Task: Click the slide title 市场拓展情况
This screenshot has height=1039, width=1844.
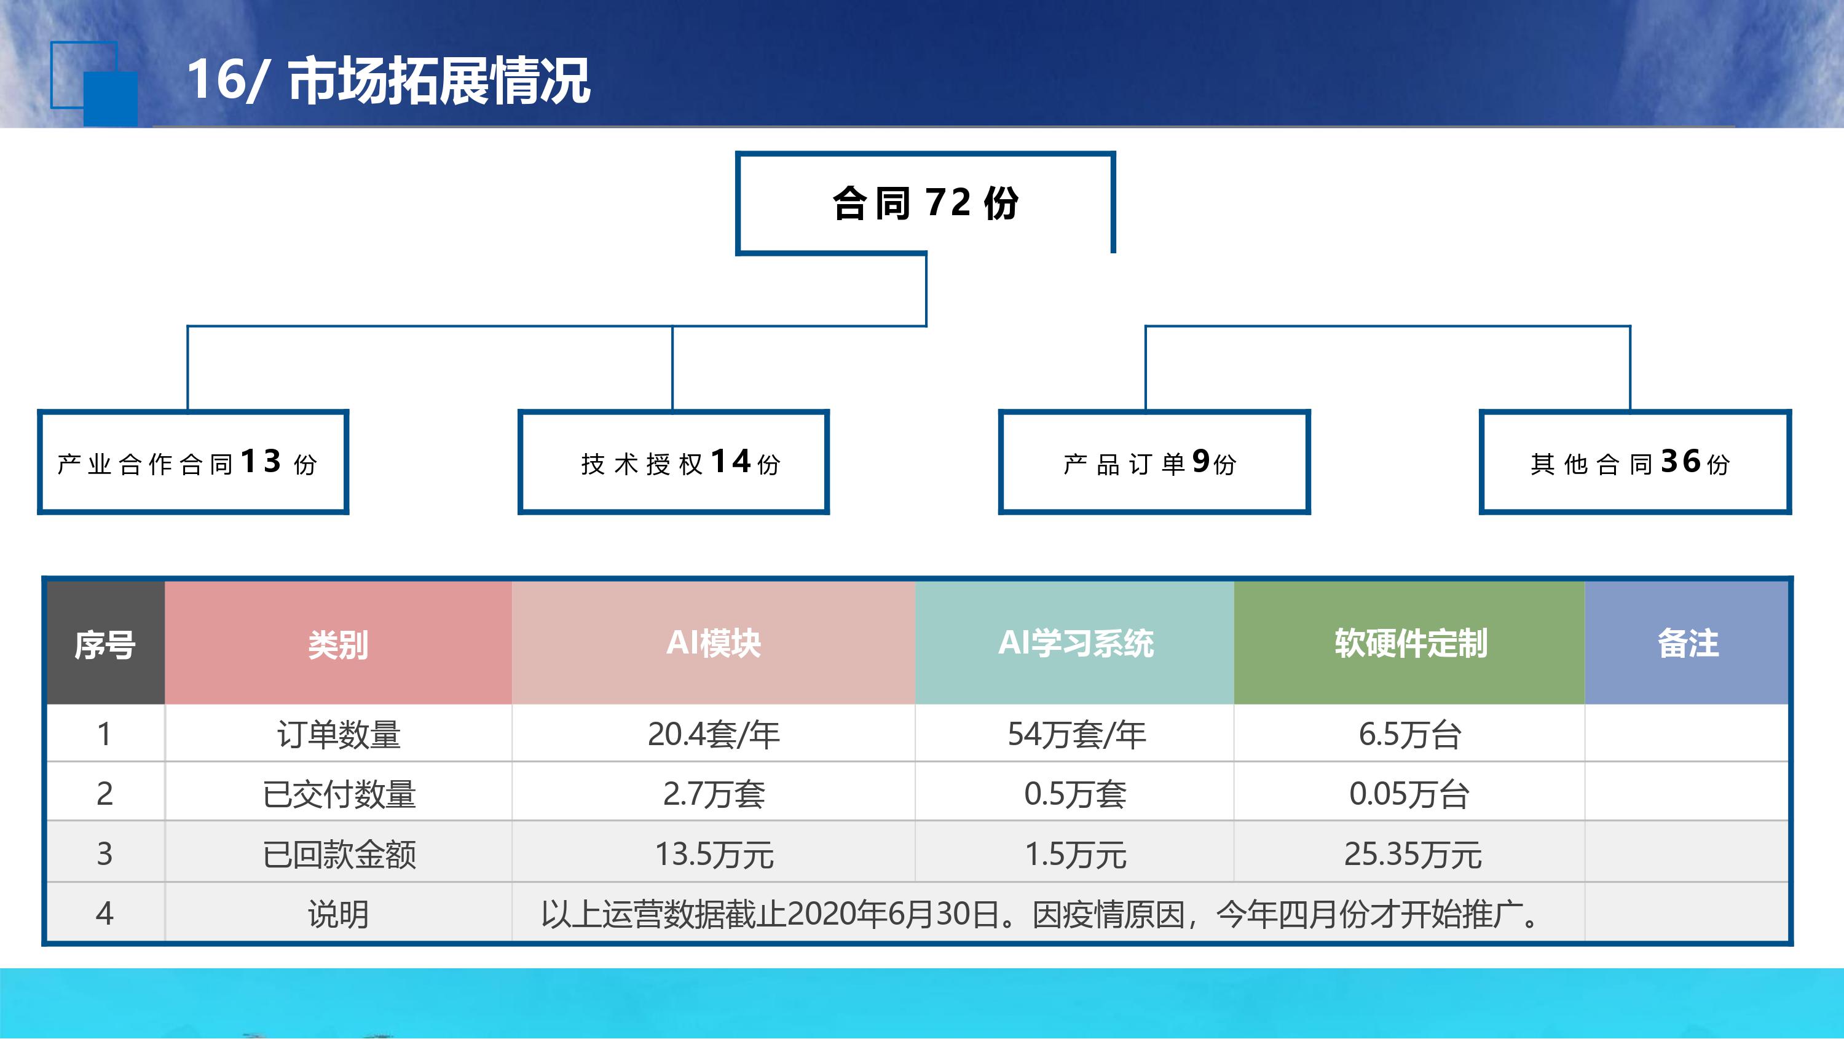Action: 439,80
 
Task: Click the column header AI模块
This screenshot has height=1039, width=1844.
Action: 714,642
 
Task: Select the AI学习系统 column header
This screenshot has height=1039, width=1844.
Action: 1074,642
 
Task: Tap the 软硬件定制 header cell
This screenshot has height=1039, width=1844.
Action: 1409,642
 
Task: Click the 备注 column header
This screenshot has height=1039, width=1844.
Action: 1687,642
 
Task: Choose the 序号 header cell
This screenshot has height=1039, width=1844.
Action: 105,644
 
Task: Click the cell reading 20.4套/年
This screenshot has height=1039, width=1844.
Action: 714,734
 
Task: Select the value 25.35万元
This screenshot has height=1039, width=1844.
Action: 1413,853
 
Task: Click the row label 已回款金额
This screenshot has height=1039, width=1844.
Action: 339,853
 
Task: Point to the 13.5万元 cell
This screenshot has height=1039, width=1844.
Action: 714,853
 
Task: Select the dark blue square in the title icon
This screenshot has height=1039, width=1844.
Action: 110,99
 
